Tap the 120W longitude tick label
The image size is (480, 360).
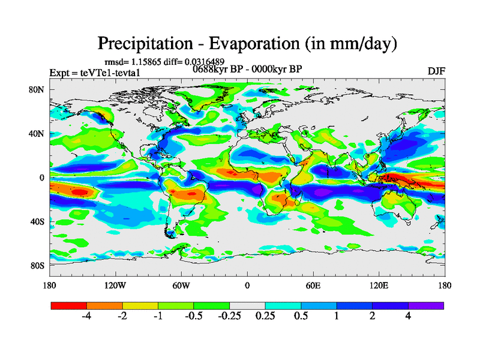(115, 285)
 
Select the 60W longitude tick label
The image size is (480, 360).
(181, 285)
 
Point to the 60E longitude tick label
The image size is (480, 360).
(313, 285)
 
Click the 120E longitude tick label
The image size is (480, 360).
(379, 285)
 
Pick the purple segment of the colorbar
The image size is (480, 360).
(426, 305)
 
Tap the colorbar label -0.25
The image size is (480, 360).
(229, 316)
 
